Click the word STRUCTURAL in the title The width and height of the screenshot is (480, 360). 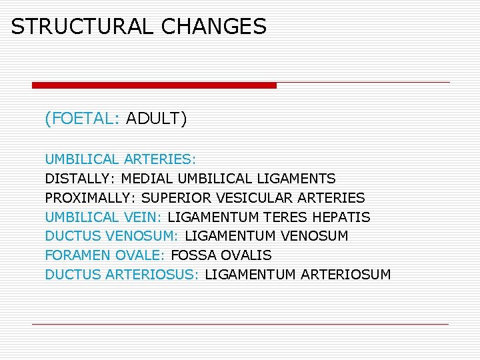click(83, 27)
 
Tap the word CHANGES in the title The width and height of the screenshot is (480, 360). click(214, 27)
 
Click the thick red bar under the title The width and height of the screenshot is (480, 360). click(154, 85)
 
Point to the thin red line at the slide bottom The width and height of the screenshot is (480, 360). click(240, 324)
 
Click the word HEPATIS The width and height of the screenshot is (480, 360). click(344, 217)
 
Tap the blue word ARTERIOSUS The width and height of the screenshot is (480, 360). click(153, 275)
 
